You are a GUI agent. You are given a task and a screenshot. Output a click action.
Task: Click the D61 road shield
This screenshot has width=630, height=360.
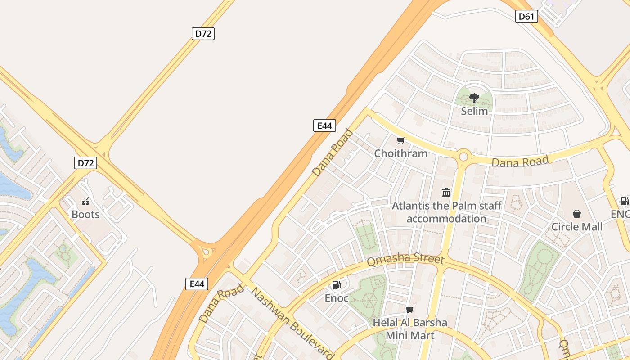point(526,17)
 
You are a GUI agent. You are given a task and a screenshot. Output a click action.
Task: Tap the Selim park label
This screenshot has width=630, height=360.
point(474,111)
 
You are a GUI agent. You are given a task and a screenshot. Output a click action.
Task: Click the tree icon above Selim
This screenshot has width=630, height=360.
point(474,98)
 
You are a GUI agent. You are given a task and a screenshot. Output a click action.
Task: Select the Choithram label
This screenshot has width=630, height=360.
point(401,153)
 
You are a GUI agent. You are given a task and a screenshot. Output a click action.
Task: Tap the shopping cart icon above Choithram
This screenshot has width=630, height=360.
point(401,140)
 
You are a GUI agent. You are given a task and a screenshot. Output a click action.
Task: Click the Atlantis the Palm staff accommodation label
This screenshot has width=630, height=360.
point(446,212)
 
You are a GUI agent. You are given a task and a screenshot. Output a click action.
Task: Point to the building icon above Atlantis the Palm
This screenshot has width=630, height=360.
point(446,193)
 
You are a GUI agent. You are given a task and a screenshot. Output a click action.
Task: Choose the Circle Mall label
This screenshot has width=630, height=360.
point(577,227)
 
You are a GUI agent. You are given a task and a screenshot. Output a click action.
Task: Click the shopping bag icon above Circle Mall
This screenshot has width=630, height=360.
point(577,213)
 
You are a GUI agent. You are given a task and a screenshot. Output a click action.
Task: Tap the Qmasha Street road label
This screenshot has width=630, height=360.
point(405,260)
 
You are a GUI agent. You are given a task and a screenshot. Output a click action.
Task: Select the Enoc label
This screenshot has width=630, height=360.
point(337,298)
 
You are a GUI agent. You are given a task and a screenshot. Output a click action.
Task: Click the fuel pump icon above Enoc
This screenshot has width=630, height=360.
point(336,284)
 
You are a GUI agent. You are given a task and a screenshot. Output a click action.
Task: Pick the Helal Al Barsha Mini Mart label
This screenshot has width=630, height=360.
point(410,329)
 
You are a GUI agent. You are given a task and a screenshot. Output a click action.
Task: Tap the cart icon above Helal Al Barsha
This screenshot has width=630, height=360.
point(409,309)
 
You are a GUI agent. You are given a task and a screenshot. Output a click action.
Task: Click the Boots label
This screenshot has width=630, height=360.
point(85,215)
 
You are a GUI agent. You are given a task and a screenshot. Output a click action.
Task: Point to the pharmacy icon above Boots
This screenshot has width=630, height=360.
point(85,202)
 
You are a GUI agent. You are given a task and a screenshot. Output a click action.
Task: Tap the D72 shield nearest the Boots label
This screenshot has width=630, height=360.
point(85,163)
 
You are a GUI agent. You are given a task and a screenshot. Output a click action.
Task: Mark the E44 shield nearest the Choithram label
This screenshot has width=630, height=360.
point(324,126)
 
